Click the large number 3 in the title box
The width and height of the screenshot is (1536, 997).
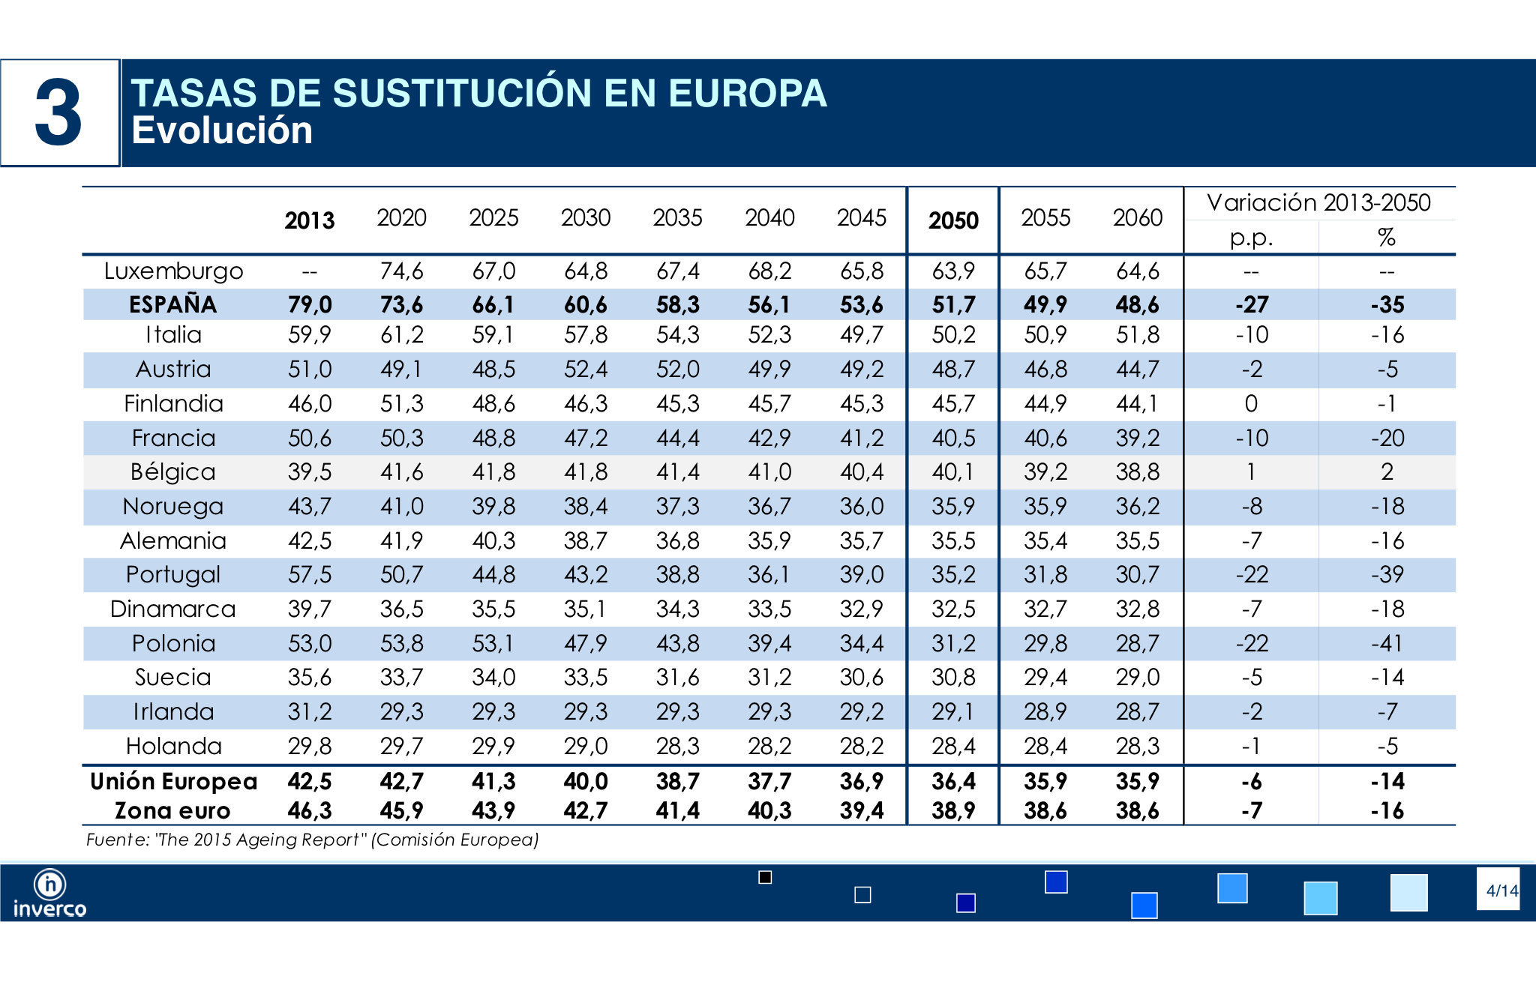[x=58, y=113]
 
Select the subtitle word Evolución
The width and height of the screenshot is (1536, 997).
[x=222, y=130]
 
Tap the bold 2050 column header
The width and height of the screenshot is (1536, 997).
[x=953, y=220]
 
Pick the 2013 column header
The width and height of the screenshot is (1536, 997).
[x=309, y=220]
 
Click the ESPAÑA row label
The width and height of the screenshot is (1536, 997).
[x=173, y=304]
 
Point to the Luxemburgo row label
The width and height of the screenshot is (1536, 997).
[x=173, y=271]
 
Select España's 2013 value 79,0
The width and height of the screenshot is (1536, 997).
[x=310, y=304]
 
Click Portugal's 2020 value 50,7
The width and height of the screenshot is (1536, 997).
[x=402, y=574]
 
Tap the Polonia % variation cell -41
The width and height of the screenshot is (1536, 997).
[x=1387, y=643]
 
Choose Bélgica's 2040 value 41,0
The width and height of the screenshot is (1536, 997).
[x=769, y=472]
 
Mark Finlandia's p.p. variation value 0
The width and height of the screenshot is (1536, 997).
[x=1251, y=403]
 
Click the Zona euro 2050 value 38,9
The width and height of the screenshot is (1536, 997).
[x=953, y=810]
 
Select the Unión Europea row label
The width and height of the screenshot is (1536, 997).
[x=173, y=781]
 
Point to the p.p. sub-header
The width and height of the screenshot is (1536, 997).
[x=1251, y=238]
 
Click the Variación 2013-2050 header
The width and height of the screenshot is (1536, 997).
[x=1319, y=202]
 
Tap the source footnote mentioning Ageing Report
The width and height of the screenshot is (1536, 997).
[x=313, y=840]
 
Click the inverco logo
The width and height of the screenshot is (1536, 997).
[x=49, y=894]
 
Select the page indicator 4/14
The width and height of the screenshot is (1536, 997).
[x=1501, y=891]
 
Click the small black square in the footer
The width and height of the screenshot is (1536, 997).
[x=765, y=877]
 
